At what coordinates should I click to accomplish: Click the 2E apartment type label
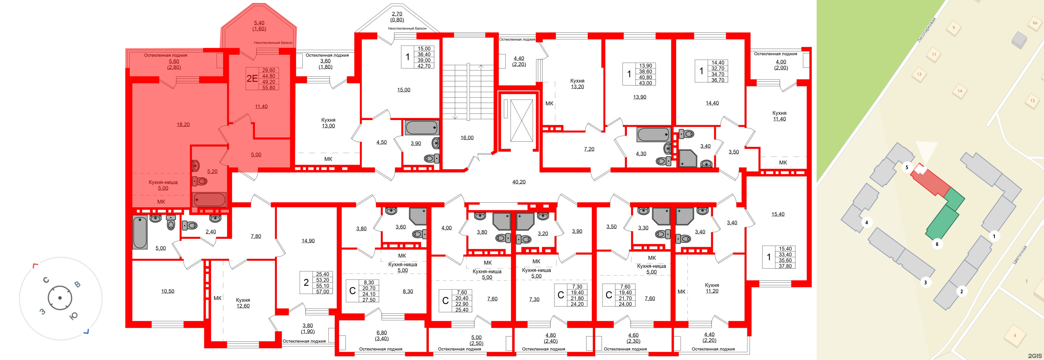pos(252,78)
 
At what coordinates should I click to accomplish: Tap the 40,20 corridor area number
pos(519,182)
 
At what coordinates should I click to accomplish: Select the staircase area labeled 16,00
pos(467,138)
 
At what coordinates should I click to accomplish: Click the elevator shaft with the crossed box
pos(521,120)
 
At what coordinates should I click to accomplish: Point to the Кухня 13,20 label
pos(577,84)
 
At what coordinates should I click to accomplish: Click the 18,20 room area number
pos(183,125)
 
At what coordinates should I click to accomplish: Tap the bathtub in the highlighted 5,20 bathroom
pos(209,200)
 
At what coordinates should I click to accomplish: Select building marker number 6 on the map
pos(937,244)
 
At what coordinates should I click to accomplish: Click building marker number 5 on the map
pos(906,167)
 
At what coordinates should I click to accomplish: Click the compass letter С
pos(46,280)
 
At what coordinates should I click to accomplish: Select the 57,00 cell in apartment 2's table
pos(323,291)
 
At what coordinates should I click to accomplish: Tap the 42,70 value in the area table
pos(424,66)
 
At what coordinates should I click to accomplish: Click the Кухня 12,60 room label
pos(243,303)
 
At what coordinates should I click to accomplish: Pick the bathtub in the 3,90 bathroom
pos(422,128)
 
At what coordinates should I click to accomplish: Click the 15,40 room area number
pos(778,214)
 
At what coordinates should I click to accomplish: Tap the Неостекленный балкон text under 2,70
pos(407,28)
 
